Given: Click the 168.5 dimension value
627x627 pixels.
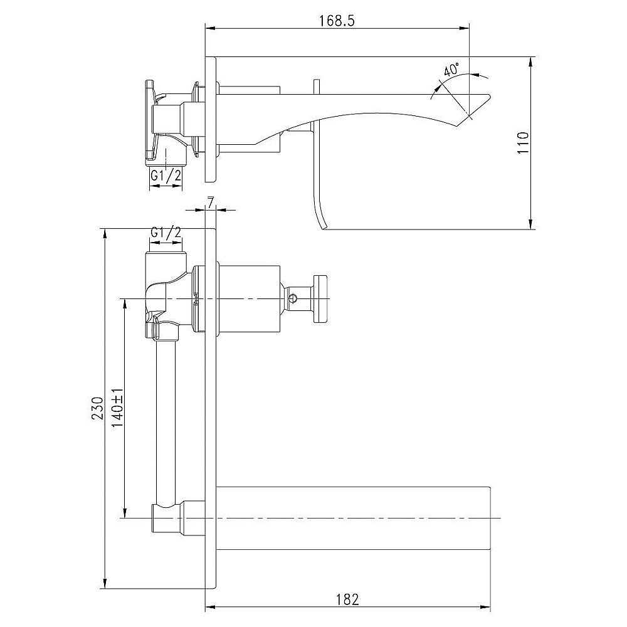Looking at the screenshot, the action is tap(337, 21).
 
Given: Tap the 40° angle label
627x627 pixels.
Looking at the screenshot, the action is tap(451, 70).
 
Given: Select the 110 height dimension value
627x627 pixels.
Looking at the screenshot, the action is tap(523, 143).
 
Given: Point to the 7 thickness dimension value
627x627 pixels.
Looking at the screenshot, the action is tap(210, 203).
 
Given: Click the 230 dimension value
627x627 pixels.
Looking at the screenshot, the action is tap(97, 408).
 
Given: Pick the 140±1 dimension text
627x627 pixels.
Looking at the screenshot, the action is tap(117, 408).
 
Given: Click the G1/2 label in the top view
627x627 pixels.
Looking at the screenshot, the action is tap(166, 175).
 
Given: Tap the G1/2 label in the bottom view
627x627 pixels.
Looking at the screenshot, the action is tap(166, 233).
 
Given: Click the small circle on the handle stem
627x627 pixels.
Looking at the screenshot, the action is tap(293, 298).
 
